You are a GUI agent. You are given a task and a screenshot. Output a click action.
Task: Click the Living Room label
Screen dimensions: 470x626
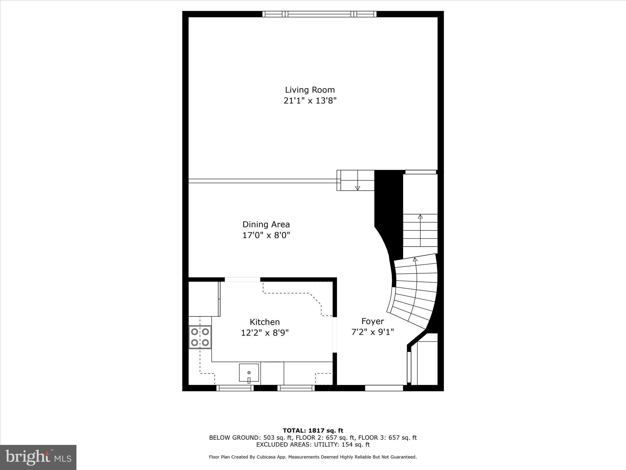(310, 90)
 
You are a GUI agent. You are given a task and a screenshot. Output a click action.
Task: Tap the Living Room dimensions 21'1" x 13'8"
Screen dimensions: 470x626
(310, 101)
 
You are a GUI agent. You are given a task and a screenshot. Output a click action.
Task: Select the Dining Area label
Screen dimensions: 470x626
(266, 225)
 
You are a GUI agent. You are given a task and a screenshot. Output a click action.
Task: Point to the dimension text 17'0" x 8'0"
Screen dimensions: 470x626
(266, 235)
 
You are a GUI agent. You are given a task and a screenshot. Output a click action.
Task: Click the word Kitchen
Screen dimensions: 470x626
(265, 322)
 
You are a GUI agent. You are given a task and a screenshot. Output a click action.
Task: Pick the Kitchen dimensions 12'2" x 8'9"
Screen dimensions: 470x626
(265, 333)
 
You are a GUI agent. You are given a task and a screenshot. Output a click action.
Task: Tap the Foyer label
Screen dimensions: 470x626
(373, 321)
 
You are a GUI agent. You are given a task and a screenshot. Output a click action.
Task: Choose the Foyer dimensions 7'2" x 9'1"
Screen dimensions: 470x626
(373, 332)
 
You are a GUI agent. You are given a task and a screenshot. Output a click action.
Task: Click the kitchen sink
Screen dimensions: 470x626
(249, 373)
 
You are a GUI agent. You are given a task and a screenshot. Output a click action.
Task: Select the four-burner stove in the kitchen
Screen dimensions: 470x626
(200, 337)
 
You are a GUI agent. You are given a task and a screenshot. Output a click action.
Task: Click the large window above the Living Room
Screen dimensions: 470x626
(319, 14)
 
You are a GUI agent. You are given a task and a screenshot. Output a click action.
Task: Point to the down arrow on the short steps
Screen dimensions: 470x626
(358, 188)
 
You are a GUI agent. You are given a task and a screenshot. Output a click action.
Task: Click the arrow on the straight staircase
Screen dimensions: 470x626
(420, 217)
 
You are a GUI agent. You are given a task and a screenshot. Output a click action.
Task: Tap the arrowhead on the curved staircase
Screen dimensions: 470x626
(415, 259)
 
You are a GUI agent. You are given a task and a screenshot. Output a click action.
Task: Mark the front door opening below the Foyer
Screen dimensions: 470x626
(384, 388)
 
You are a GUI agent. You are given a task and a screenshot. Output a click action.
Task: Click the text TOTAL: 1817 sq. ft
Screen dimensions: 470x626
(313, 431)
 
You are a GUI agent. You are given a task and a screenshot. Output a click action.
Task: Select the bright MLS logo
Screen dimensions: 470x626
(38, 457)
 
